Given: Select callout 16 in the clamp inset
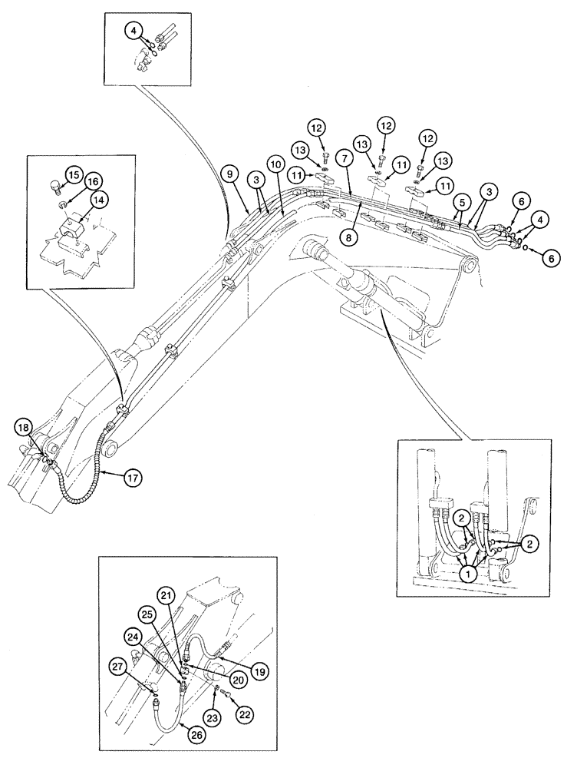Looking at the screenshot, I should tap(93, 181).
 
